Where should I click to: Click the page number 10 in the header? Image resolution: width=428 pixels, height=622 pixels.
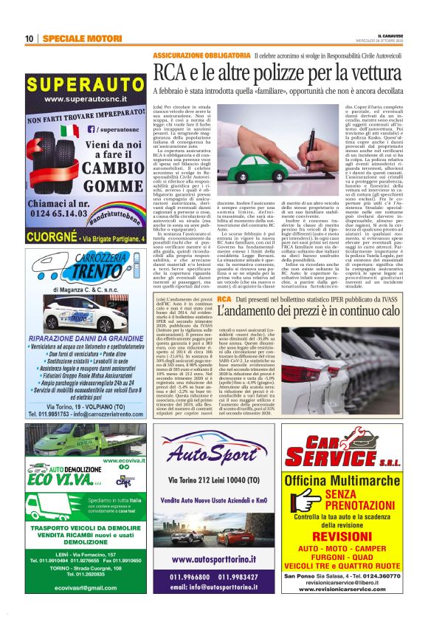click(x=30, y=38)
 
